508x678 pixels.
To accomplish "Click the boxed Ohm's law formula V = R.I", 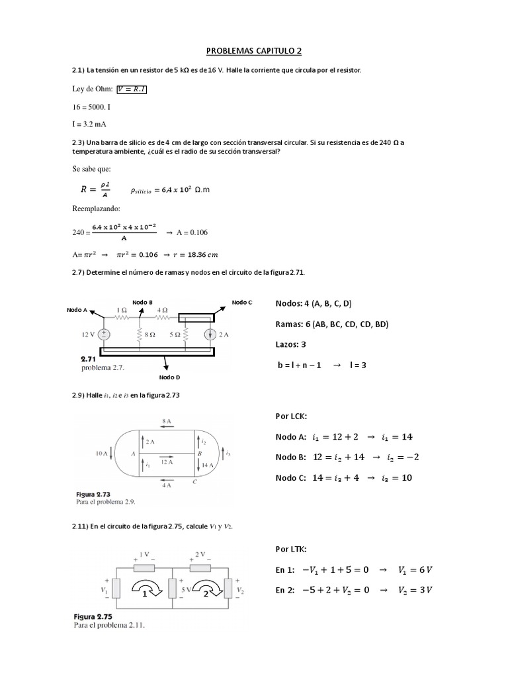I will pyautogui.click(x=132, y=89).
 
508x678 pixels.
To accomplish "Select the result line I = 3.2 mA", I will pyautogui.click(x=89, y=122).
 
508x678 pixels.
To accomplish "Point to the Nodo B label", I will pyautogui.click(x=142, y=302).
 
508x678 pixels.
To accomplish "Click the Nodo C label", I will pyautogui.click(x=241, y=303).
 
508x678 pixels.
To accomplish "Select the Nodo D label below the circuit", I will pyautogui.click(x=169, y=377).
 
